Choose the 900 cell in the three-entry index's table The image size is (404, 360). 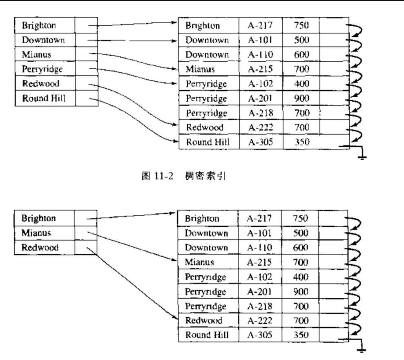300,291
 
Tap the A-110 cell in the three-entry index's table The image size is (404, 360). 259,248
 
